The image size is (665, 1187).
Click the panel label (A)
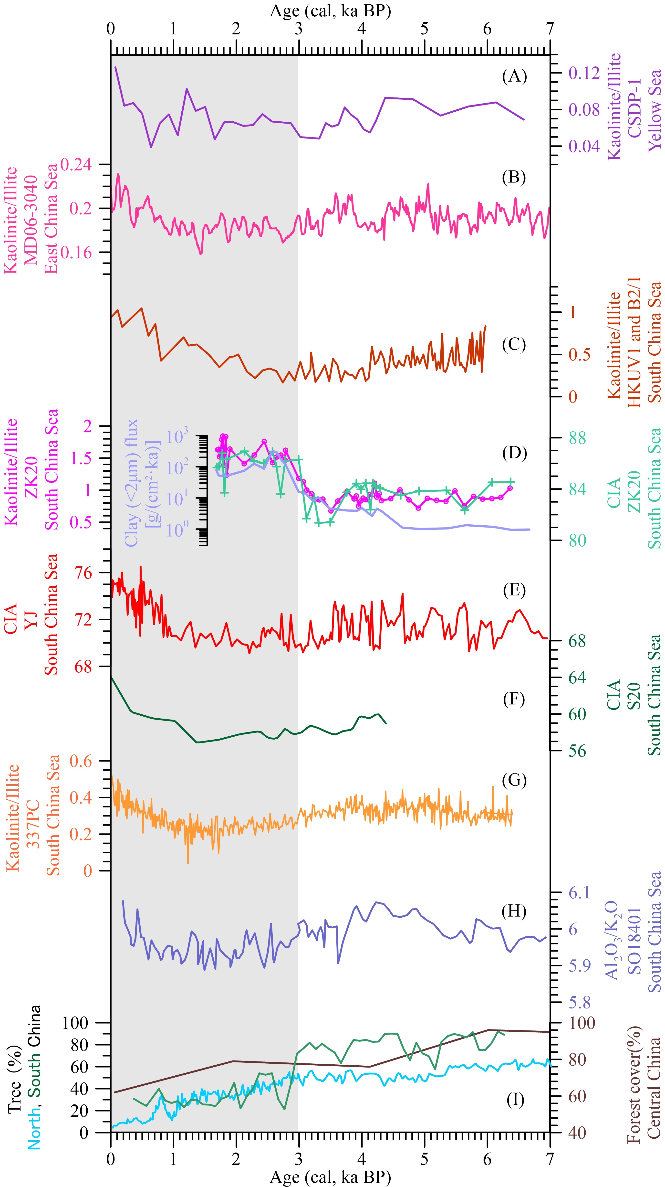(514, 76)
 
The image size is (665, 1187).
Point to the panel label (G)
(514, 780)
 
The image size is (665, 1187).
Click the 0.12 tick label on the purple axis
(584, 73)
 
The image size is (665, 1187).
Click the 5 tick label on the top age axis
(424, 29)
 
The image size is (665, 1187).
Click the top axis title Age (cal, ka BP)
(330, 10)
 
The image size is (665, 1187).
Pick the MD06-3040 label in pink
(31, 220)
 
